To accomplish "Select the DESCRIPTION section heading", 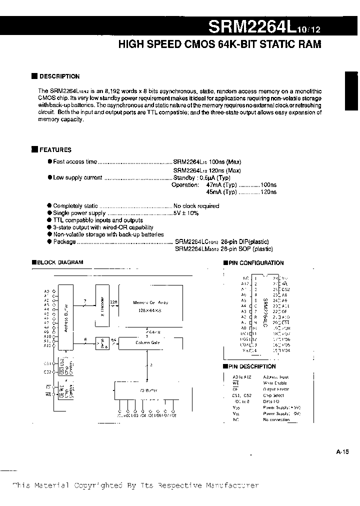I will click(x=59, y=76).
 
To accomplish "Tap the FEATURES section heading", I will click(x=55, y=149).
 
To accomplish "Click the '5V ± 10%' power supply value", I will click(x=186, y=213).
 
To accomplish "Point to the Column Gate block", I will click(x=147, y=343).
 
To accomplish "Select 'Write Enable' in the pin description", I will click(x=275, y=383).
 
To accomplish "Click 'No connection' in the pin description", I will click(x=276, y=419).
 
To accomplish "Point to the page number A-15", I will click(x=342, y=451).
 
